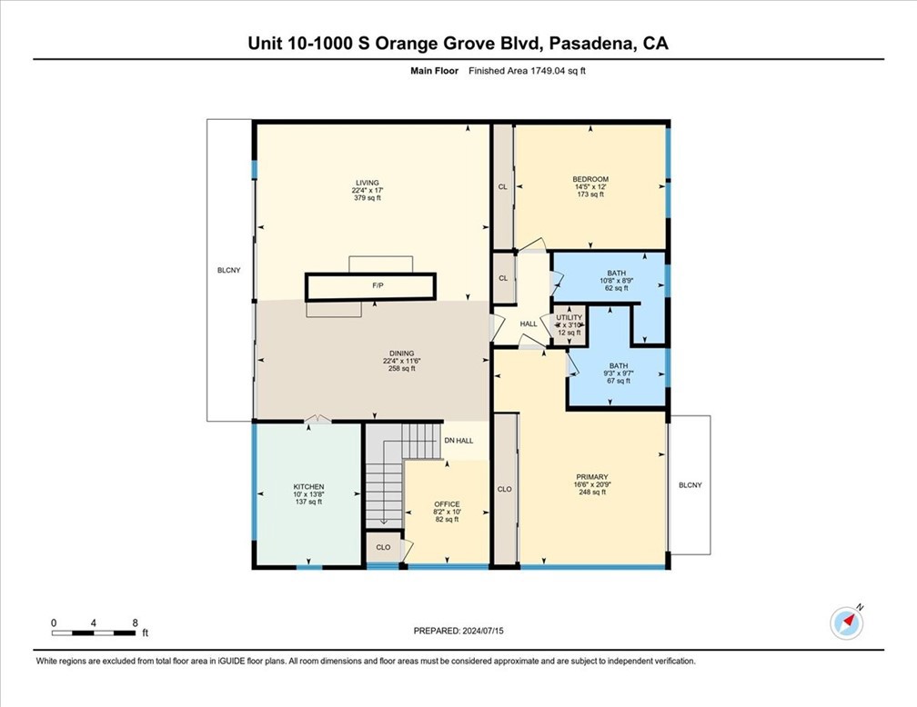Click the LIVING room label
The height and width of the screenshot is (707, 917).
(x=367, y=183)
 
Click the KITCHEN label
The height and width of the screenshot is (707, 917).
(x=308, y=487)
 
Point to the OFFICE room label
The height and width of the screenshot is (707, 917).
(x=447, y=504)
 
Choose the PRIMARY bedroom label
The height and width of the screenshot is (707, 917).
(x=591, y=477)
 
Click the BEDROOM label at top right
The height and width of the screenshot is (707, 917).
(x=590, y=179)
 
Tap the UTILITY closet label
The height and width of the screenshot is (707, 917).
(x=569, y=318)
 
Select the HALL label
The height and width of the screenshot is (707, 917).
(x=529, y=324)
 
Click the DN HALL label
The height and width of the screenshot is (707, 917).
(x=458, y=441)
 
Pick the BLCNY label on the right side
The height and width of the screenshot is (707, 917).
(x=690, y=484)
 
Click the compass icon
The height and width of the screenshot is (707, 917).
(x=846, y=622)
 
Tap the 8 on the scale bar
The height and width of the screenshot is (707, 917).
(x=135, y=622)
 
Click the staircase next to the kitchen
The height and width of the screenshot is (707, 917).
(x=382, y=477)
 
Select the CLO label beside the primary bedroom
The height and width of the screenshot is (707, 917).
(x=505, y=489)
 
